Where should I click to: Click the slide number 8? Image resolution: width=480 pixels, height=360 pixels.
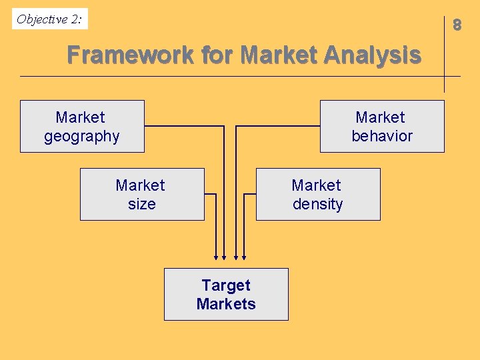[x=457, y=25]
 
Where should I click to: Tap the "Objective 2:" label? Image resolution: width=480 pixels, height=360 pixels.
[x=50, y=19]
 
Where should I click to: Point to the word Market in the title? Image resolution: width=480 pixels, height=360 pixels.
[x=278, y=55]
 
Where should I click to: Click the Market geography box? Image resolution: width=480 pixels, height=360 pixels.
[x=82, y=126]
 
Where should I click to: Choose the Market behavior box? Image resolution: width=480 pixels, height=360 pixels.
[x=382, y=126]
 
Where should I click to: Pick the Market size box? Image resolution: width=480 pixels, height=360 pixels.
[x=142, y=194]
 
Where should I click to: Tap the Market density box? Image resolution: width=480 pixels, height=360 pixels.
[x=318, y=194]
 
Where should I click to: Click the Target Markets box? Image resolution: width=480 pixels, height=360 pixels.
[x=226, y=294]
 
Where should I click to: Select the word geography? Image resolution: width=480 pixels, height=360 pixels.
[x=82, y=137]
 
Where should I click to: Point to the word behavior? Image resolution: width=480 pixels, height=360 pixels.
[x=382, y=136]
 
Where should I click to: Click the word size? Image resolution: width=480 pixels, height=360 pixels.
[x=141, y=204]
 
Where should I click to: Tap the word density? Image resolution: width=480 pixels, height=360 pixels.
[x=317, y=204]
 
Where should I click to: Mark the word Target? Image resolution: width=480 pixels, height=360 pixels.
[x=226, y=285]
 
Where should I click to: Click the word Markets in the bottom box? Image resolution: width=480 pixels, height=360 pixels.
[x=226, y=304]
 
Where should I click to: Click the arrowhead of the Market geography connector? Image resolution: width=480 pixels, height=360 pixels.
[x=224, y=256]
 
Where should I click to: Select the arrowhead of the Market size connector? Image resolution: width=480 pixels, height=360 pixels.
[x=216, y=256]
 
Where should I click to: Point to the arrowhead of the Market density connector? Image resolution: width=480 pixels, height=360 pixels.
[x=244, y=256]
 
